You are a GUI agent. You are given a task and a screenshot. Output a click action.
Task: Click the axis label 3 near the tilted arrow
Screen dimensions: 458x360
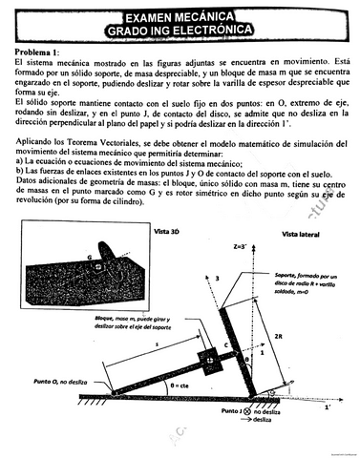(219, 277)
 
